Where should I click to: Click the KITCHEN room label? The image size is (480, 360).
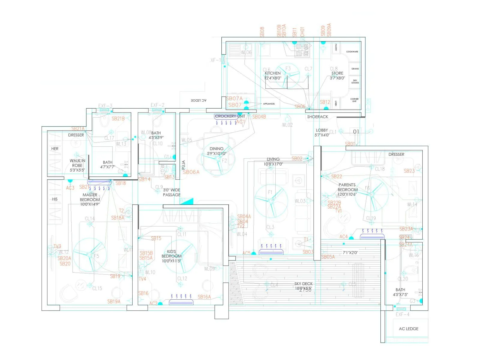click(273, 73)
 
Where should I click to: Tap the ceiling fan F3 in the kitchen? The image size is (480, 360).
click(288, 75)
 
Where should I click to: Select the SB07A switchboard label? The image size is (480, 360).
click(234, 98)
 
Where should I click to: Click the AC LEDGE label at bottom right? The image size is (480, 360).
click(408, 329)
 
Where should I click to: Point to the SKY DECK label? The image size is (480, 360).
click(303, 284)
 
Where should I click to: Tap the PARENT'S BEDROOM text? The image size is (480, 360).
click(347, 190)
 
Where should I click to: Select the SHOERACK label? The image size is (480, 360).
click(317, 117)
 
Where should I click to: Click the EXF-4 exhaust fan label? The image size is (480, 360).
click(402, 314)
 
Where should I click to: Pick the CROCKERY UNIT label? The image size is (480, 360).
click(230, 116)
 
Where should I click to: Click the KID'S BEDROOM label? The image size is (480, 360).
click(172, 256)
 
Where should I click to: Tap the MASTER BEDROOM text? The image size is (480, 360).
click(90, 197)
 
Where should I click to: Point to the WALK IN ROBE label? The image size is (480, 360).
click(77, 163)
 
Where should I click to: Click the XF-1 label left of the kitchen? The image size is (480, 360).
click(215, 60)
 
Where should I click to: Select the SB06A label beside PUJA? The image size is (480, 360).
click(191, 172)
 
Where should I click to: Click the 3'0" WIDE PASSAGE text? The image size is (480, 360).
click(172, 192)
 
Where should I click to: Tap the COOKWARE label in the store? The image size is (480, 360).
click(352, 52)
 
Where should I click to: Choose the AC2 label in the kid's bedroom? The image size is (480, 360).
click(153, 303)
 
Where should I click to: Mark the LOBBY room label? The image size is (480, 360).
click(322, 130)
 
